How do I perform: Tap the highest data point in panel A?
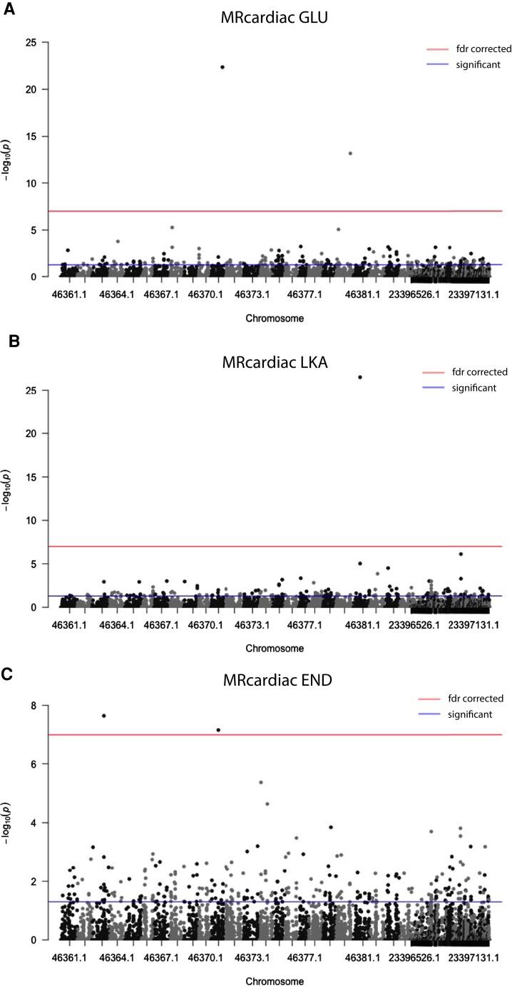tap(222, 67)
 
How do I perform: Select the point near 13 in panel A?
tap(350, 153)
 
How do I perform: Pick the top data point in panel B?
tap(360, 377)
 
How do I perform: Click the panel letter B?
tap(12, 341)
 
